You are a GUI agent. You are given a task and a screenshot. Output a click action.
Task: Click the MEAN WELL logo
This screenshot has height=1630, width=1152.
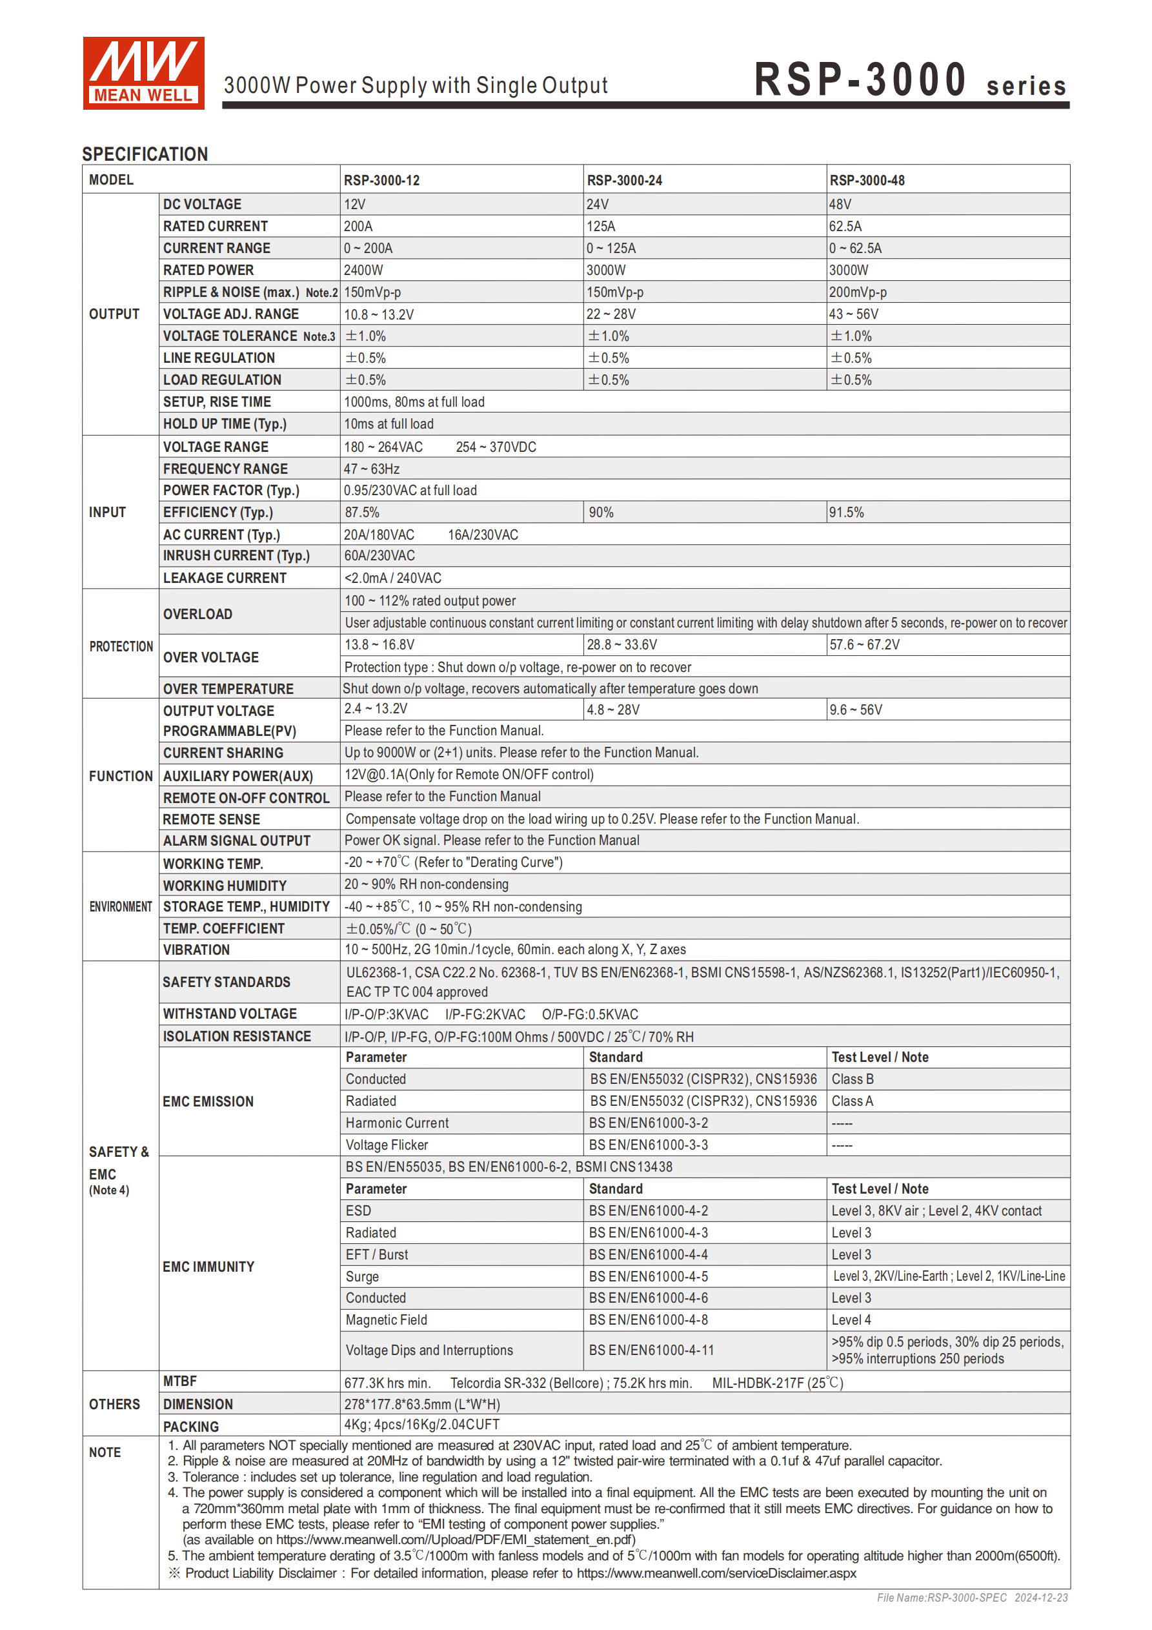143,73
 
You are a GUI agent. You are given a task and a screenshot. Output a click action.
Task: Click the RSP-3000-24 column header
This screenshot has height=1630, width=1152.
624,180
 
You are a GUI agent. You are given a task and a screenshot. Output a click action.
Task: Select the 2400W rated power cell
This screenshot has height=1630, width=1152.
363,270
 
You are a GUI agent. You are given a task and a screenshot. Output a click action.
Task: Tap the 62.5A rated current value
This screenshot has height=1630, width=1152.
845,227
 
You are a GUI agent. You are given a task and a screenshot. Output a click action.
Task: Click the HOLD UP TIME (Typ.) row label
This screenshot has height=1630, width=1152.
225,424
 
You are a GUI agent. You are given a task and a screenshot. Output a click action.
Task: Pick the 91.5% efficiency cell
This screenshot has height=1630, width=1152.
845,513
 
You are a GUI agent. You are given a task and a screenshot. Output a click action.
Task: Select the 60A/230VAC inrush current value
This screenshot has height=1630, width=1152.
379,556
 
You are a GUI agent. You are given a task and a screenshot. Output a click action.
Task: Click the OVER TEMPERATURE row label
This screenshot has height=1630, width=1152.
228,689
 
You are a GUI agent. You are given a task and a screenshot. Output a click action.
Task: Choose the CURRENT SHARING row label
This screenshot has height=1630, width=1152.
223,753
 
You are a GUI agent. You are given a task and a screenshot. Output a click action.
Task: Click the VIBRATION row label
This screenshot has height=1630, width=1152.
196,950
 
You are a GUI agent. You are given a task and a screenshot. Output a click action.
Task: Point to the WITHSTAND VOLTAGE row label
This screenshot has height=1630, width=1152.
229,1014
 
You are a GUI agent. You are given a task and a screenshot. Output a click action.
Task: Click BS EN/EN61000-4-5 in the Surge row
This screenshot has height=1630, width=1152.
647,1276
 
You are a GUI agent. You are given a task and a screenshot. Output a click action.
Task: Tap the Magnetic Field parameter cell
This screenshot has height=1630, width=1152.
386,1319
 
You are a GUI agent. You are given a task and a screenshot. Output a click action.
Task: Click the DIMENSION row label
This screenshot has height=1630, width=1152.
197,1404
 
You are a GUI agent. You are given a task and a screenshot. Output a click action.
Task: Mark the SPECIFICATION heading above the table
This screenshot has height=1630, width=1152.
145,154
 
